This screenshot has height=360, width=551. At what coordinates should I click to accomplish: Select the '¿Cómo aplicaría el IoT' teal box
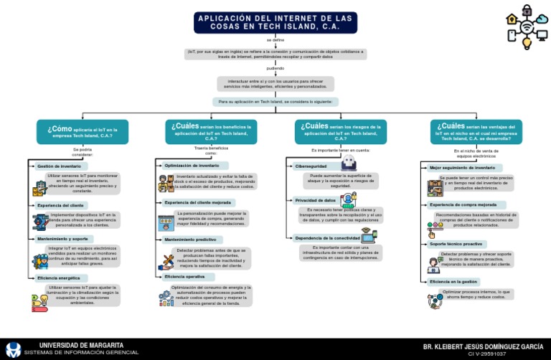click(x=82, y=132)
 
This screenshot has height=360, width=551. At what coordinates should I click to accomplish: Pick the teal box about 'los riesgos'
click(x=340, y=132)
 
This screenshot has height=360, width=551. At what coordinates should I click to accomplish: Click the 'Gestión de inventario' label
click(x=60, y=166)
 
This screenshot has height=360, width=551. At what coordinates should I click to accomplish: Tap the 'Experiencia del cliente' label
click(x=60, y=205)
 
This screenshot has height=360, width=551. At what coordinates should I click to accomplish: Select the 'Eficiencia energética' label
click(x=60, y=277)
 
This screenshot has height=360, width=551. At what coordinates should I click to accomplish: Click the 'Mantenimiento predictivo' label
click(x=190, y=240)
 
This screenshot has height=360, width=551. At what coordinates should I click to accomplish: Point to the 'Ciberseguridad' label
click(x=311, y=166)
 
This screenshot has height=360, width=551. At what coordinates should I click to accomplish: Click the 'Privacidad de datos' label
click(x=316, y=200)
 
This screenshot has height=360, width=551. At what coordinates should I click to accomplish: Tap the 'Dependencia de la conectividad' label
click(x=327, y=237)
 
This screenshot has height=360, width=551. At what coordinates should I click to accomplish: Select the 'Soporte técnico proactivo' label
click(x=456, y=244)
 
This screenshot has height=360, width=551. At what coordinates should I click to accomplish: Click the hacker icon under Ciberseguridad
click(x=349, y=163)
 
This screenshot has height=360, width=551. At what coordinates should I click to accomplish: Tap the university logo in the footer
click(x=13, y=349)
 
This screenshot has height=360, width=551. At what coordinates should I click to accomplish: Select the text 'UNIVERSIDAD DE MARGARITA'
click(x=81, y=345)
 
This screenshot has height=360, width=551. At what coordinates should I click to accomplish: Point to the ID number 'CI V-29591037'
click(x=486, y=354)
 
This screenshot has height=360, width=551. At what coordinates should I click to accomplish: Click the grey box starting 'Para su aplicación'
click(x=275, y=103)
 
